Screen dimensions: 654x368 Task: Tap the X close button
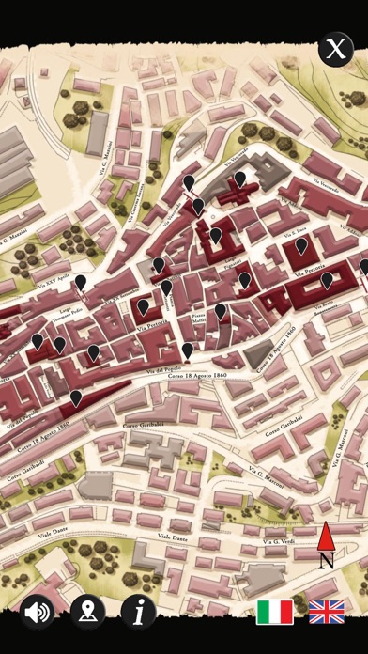334,50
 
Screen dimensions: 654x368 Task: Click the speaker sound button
38,613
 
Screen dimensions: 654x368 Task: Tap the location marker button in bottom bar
88,613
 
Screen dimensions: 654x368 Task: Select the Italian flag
275,612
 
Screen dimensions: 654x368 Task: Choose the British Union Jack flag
327,612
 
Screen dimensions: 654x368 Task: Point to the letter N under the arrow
326,561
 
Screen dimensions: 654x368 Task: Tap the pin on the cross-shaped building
239,178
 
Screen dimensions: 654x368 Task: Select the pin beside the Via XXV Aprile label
81,282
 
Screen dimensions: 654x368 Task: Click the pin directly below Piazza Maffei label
188,350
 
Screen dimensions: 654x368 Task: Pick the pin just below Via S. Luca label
301,245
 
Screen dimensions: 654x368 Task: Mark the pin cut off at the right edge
364,267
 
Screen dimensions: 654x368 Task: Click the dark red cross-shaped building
238,195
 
